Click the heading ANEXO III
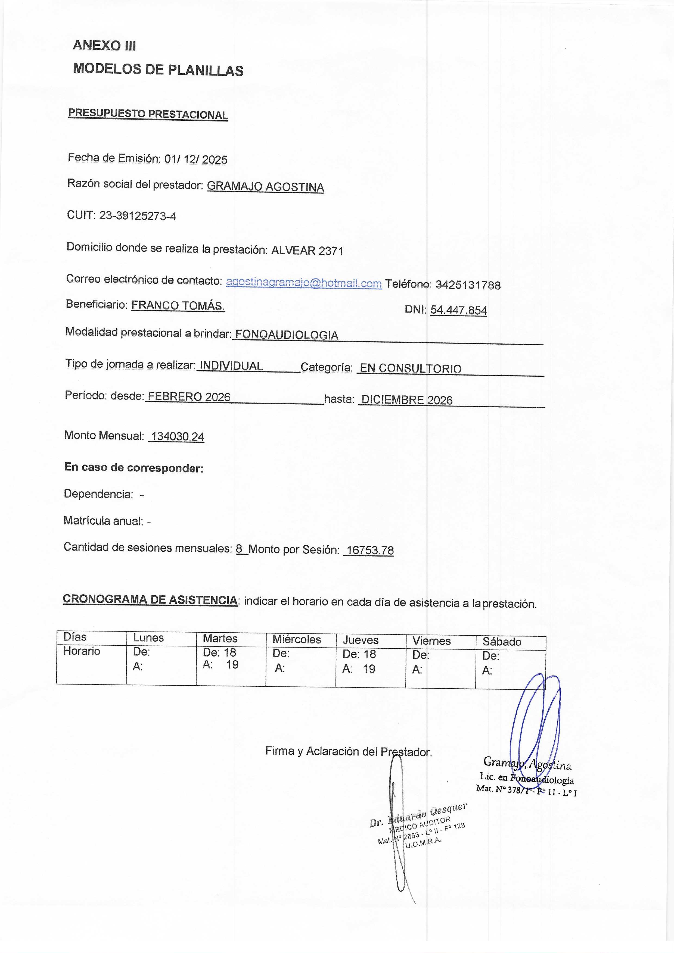[104, 45]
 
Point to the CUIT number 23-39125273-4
[138, 216]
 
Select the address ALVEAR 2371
[307, 250]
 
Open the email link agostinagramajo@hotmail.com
[304, 283]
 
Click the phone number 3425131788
[468, 285]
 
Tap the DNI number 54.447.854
[458, 310]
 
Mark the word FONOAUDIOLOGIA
[287, 335]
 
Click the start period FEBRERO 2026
[189, 397]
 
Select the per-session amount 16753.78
[369, 550]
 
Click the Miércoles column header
[297, 640]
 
